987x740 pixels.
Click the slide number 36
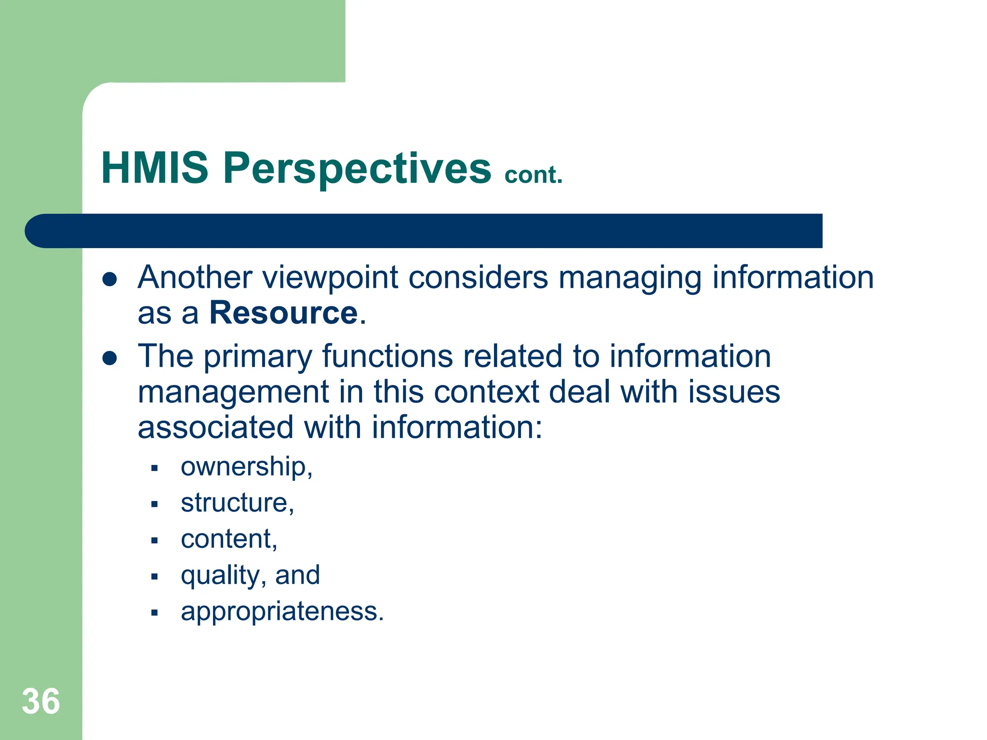pos(41,701)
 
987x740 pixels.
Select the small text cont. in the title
pos(533,175)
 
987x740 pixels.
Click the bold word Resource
pos(283,313)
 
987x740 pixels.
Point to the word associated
pos(215,427)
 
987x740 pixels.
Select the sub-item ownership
pos(246,467)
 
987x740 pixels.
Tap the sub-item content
pos(228,539)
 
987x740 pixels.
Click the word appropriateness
pos(282,612)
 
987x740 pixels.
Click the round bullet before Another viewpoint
pos(110,279)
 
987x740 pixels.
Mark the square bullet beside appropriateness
pos(154,613)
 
